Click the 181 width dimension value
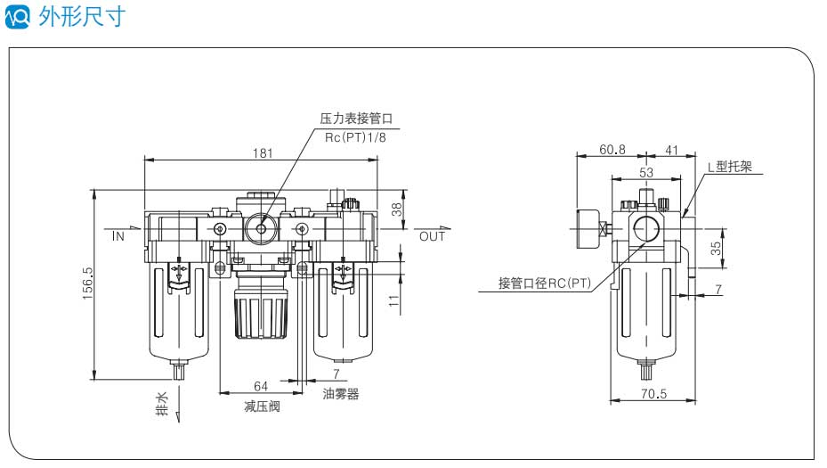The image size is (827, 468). pyautogui.click(x=262, y=152)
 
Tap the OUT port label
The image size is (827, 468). pyautogui.click(x=432, y=237)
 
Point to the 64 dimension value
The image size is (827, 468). pyautogui.click(x=261, y=386)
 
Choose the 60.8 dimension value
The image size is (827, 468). pyautogui.click(x=611, y=150)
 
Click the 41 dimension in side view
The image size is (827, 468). pyautogui.click(x=671, y=150)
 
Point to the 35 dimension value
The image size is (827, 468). pyautogui.click(x=716, y=248)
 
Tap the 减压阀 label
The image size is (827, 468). pyautogui.click(x=262, y=406)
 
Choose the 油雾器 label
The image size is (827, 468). pyautogui.click(x=340, y=394)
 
